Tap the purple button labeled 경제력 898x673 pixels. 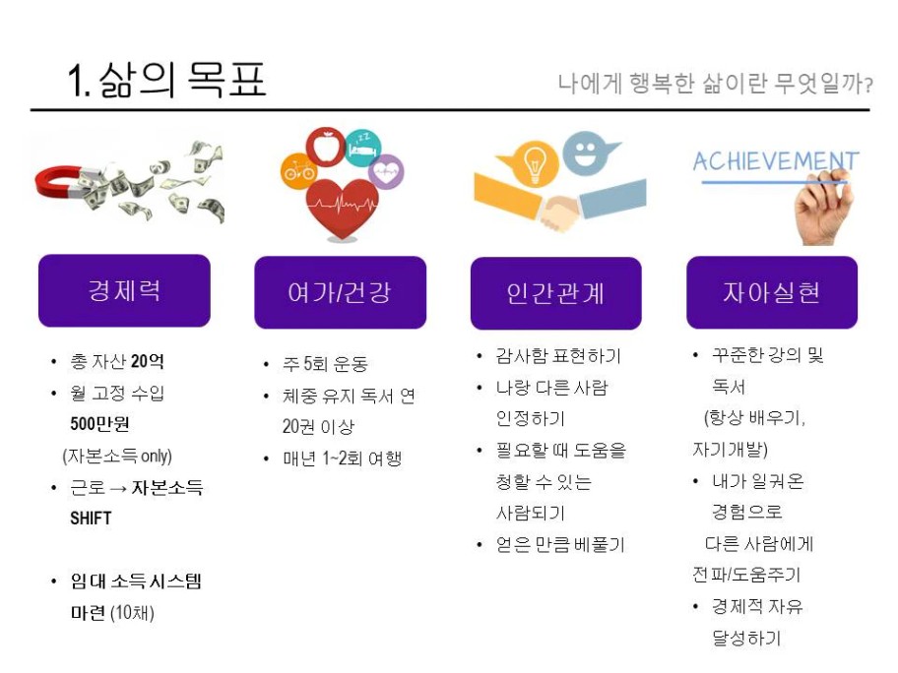(124, 290)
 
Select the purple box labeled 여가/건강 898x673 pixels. (340, 292)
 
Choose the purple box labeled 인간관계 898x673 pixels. (556, 293)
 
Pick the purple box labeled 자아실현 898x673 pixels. (772, 292)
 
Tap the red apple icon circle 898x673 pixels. (325, 147)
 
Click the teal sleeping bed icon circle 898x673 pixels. (362, 149)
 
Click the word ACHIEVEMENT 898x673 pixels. (776, 161)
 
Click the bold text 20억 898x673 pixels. (147, 361)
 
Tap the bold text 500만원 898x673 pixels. (99, 424)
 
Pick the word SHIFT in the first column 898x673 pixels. (91, 518)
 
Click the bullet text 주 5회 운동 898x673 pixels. (325, 364)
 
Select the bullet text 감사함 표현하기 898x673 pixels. (558, 356)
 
